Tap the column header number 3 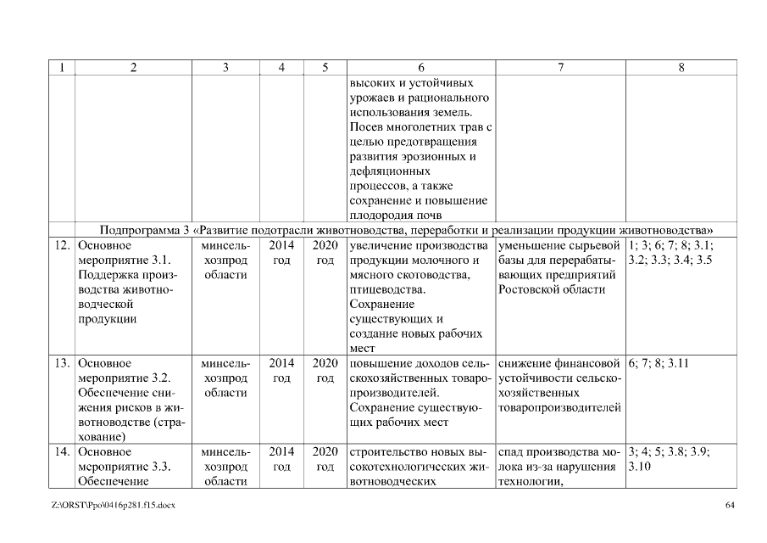[x=225, y=68]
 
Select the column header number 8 [x=681, y=68]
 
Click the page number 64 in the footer [x=730, y=507]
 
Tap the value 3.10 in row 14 [x=640, y=467]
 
